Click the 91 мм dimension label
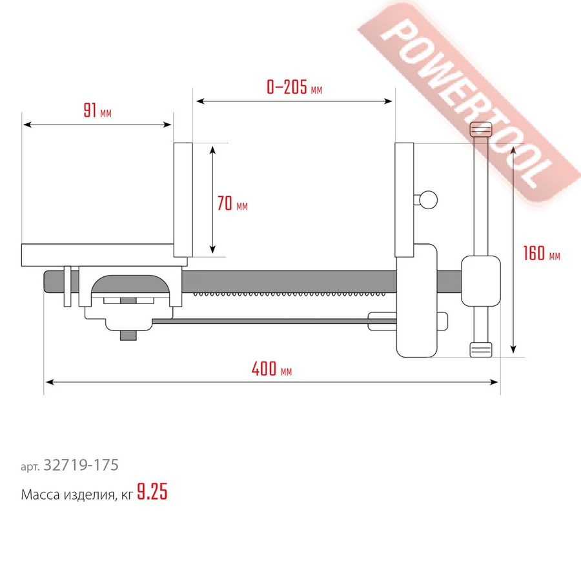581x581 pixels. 97,110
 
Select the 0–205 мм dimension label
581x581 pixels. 294,87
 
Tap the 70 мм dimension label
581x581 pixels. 232,203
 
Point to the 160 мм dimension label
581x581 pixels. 542,253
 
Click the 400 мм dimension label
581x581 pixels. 272,369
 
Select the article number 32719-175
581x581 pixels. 81,465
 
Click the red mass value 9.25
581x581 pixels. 152,492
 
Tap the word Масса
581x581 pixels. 40,494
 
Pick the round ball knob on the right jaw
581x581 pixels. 428,199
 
